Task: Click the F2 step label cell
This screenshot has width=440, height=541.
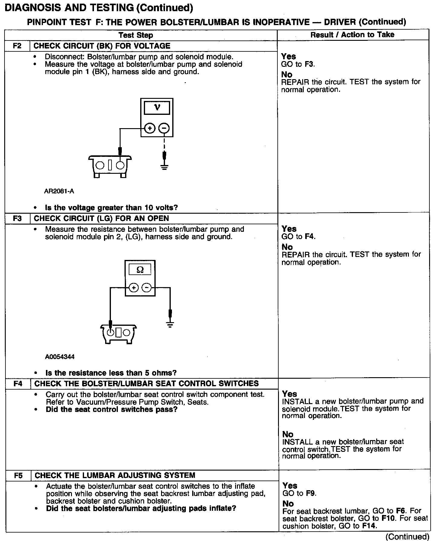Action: (x=17, y=46)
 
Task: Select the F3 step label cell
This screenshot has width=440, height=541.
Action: (x=18, y=219)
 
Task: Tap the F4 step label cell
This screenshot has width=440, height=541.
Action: (x=18, y=384)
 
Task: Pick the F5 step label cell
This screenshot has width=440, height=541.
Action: (x=18, y=475)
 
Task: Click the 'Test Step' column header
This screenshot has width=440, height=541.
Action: (x=136, y=35)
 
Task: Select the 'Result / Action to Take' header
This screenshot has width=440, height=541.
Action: (x=352, y=35)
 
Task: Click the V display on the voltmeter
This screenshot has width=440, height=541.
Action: (x=157, y=108)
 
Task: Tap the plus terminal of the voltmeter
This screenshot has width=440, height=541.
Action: (x=149, y=128)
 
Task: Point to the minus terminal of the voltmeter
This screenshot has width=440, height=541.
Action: (x=164, y=128)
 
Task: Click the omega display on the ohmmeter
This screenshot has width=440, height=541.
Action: (x=140, y=269)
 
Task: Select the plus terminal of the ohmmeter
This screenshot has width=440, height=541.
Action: (x=134, y=288)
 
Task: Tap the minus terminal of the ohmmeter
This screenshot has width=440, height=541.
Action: (x=147, y=288)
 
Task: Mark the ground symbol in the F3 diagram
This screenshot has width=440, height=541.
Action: (x=170, y=325)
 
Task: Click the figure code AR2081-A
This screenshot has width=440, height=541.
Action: (x=59, y=191)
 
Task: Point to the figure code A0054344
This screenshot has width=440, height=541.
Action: (x=60, y=357)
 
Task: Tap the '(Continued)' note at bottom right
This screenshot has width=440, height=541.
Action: (x=407, y=536)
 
